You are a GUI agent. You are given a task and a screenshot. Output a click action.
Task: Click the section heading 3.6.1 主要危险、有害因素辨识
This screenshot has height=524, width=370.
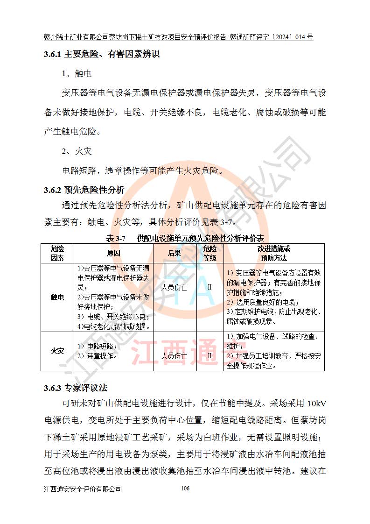(x=101, y=55)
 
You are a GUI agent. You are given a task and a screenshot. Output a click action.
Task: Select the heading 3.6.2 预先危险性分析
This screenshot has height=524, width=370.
(x=84, y=190)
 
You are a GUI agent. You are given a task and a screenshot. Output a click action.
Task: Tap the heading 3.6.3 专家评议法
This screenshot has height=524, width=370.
(x=76, y=388)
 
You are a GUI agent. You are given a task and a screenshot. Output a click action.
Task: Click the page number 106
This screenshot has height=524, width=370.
(x=185, y=489)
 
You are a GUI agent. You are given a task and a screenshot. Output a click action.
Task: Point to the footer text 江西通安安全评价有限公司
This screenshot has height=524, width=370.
(x=83, y=489)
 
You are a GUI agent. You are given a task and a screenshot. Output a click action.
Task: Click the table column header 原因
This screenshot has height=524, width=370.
(x=113, y=253)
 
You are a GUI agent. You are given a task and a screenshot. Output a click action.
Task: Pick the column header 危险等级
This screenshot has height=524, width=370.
(x=209, y=253)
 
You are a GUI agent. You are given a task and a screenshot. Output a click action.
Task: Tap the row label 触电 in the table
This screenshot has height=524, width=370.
(x=57, y=297)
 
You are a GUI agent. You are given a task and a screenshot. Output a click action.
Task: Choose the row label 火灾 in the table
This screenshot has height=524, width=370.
(x=57, y=351)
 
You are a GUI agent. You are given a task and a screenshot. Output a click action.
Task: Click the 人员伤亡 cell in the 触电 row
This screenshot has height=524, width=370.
(x=174, y=287)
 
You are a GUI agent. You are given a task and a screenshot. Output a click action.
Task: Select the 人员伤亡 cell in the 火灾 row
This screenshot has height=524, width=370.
(x=174, y=356)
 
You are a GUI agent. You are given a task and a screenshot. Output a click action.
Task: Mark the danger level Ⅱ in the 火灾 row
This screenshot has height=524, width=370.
(x=209, y=356)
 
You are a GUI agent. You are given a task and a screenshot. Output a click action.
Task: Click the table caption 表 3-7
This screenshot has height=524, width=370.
(x=116, y=238)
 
